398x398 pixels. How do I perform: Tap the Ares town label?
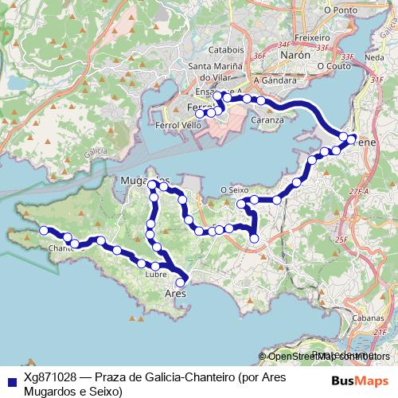click(x=174, y=293)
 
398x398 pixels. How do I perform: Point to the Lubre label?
click(x=155, y=275)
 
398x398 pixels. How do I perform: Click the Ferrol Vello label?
click(x=179, y=126)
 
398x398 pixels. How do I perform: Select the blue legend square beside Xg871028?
click(x=11, y=380)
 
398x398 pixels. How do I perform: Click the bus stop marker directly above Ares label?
click(x=181, y=281)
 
